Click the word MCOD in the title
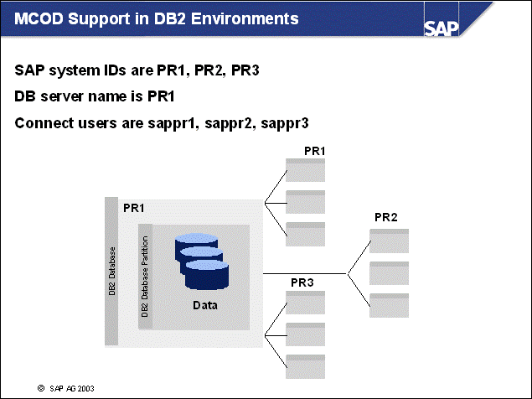pyautogui.click(x=38, y=17)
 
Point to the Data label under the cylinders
pyautogui.click(x=205, y=305)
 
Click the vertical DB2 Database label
pyautogui.click(x=111, y=272)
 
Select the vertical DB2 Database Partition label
pyautogui.click(x=145, y=277)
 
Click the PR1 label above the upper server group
pyautogui.click(x=315, y=151)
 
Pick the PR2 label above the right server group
pyautogui.click(x=386, y=217)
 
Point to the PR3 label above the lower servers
pyautogui.click(x=302, y=282)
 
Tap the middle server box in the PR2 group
pyautogui.click(x=389, y=273)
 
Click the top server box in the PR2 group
pyautogui.click(x=389, y=241)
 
